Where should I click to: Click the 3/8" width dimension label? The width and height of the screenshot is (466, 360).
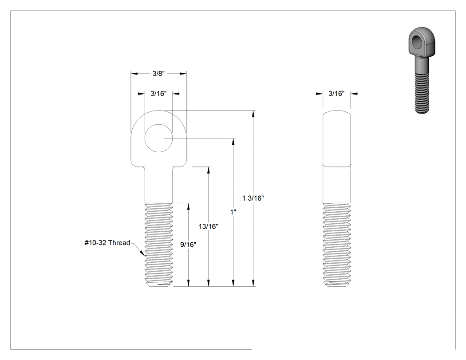pyautogui.click(x=158, y=73)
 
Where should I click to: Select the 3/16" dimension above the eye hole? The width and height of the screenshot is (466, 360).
pyautogui.click(x=158, y=93)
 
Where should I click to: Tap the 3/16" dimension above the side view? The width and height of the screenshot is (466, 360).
pyautogui.click(x=336, y=93)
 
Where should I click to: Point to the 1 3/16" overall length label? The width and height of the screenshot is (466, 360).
pyautogui.click(x=253, y=198)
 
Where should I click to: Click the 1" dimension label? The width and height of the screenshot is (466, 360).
pyautogui.click(x=233, y=212)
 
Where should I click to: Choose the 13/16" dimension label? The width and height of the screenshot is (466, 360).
pyautogui.click(x=208, y=226)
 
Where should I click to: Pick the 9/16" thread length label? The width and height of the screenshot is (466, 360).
pyautogui.click(x=189, y=244)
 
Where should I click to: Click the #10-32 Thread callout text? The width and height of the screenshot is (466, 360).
pyautogui.click(x=107, y=242)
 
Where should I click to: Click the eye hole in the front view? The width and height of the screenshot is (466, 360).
pyautogui.click(x=158, y=138)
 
